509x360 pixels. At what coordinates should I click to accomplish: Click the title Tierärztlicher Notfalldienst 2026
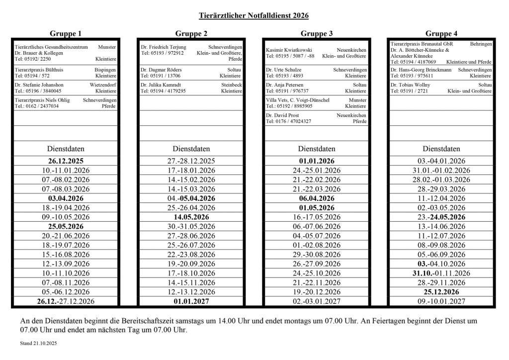254,15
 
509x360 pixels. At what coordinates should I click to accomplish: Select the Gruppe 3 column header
317,33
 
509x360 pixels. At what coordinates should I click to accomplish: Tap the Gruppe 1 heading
66,33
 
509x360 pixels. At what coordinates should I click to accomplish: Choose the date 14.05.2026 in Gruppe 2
191,217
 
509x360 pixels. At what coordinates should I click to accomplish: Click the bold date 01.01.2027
191,301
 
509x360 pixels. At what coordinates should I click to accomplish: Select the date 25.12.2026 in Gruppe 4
441,292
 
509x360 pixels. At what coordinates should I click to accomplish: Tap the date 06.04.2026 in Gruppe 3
317,198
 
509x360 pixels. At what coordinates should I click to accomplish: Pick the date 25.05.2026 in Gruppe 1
66,226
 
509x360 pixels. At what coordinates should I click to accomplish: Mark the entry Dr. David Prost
282,115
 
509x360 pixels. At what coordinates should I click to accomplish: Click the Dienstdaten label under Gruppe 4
441,149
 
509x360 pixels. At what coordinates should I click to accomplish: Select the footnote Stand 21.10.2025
38,343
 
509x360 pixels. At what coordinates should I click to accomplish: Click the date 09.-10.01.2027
441,301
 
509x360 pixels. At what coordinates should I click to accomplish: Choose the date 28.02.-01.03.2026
441,180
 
